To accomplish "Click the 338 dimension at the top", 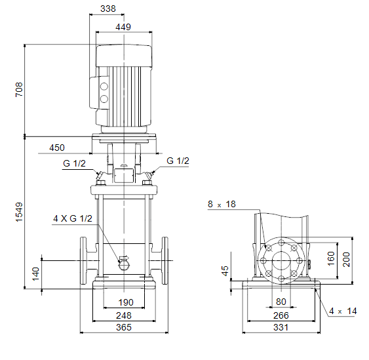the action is click(108, 9).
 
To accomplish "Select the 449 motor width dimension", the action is click(123, 27).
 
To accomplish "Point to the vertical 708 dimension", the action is click(19, 89).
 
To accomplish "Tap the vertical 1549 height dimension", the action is click(19, 212).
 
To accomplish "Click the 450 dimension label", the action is click(57, 148).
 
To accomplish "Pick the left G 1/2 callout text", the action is click(74, 163).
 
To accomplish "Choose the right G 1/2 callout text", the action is click(178, 161).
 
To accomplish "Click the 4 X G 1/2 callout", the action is click(73, 218).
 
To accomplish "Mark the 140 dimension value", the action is click(36, 274).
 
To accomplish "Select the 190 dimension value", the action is click(126, 302).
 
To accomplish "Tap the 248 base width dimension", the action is click(124, 315).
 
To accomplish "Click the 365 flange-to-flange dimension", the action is click(124, 327).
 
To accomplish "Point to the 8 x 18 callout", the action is click(222, 204).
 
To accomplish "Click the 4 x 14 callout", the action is click(343, 311).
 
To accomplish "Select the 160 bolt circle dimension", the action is click(331, 258).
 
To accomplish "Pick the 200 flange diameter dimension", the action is click(347, 259).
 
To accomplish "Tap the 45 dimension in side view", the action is click(225, 271).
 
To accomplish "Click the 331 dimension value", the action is click(281, 327).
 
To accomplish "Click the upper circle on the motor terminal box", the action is click(104, 87).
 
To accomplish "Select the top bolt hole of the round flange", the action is click(281, 243).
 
